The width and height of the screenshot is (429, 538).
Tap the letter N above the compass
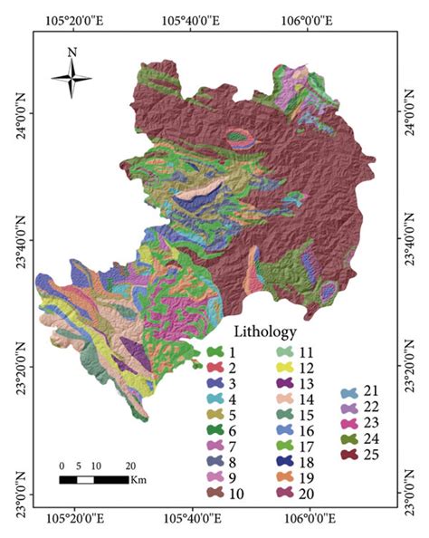click(x=71, y=53)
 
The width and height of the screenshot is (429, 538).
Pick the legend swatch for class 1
click(x=214, y=351)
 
